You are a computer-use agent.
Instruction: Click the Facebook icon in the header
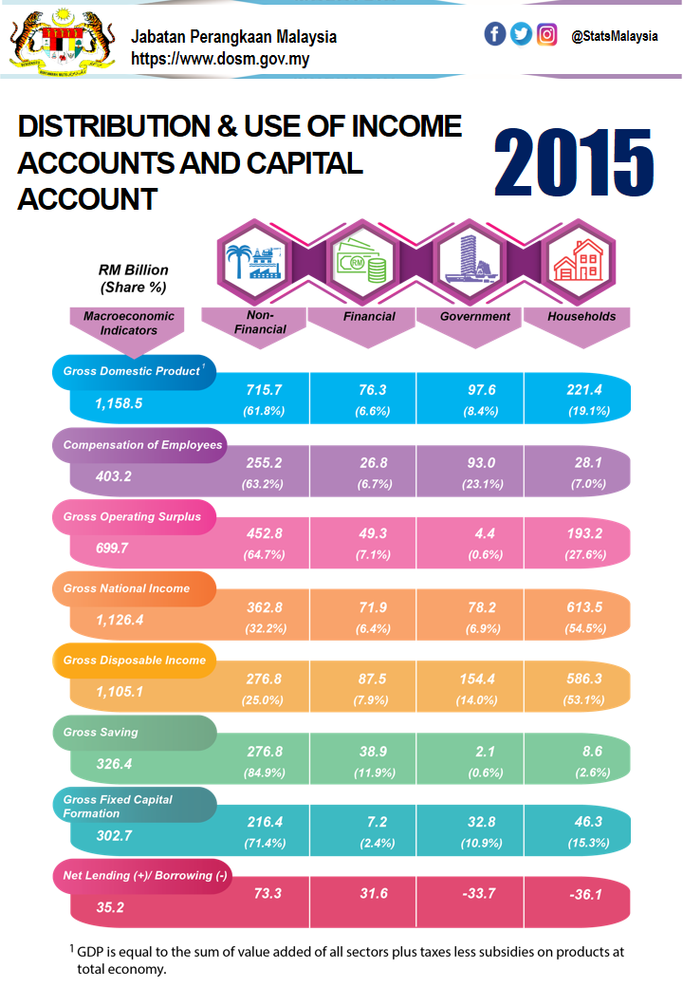pyautogui.click(x=494, y=34)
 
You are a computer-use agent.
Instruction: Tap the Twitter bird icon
pyautogui.click(x=521, y=34)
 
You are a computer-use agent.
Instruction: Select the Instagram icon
pyautogui.click(x=546, y=34)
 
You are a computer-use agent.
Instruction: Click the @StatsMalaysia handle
pyautogui.click(x=614, y=36)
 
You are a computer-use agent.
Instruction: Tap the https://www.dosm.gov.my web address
pyautogui.click(x=220, y=58)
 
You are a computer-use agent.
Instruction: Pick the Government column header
pyautogui.click(x=475, y=317)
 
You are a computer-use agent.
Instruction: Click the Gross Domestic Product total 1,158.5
pyautogui.click(x=119, y=403)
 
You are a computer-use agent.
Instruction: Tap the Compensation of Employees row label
pyautogui.click(x=142, y=444)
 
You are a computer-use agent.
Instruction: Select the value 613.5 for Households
pyautogui.click(x=577, y=607)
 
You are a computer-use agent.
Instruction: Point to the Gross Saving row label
pyautogui.click(x=101, y=733)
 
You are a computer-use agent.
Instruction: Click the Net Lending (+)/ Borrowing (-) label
pyautogui.click(x=145, y=875)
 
